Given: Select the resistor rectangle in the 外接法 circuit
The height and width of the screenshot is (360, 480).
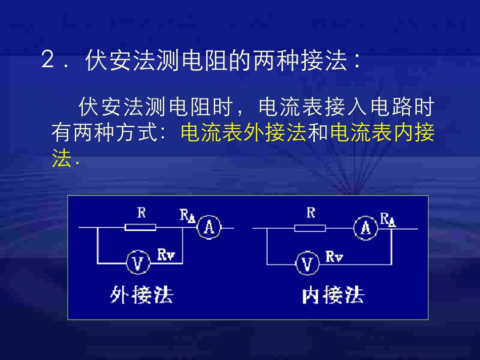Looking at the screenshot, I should click(140, 228).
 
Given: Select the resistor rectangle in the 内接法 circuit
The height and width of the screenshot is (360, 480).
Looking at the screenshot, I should click(310, 228).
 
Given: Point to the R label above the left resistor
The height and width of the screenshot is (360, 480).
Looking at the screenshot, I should click(141, 213).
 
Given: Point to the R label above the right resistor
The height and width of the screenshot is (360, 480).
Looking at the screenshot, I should click(310, 213).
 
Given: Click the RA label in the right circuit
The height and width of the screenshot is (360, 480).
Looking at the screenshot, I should click(388, 219).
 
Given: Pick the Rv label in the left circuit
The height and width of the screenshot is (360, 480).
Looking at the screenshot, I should click(166, 254).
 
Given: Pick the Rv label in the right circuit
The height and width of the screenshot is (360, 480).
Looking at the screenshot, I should click(334, 256).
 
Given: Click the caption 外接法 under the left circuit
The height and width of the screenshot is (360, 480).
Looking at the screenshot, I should click(142, 294).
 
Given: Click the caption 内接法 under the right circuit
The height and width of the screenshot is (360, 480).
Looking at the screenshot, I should click(333, 295).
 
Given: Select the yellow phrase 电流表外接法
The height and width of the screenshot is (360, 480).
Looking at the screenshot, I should click(244, 133).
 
